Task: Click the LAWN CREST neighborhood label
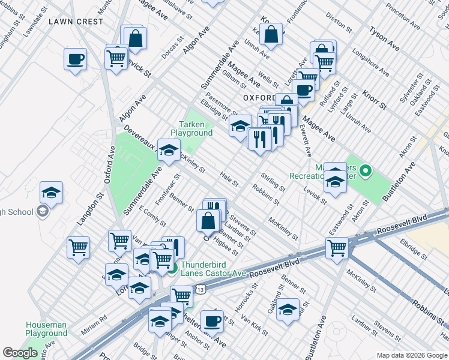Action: [76, 22]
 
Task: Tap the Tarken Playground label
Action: [191, 128]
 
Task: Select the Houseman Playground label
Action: [46, 329]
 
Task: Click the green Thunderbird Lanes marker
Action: [172, 268]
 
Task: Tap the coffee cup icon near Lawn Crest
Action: [76, 59]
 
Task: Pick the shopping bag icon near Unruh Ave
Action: [271, 34]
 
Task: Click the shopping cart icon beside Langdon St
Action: [79, 247]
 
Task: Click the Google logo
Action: [20, 353]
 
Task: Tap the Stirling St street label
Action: [273, 181]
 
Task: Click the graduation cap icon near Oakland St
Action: [288, 309]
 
